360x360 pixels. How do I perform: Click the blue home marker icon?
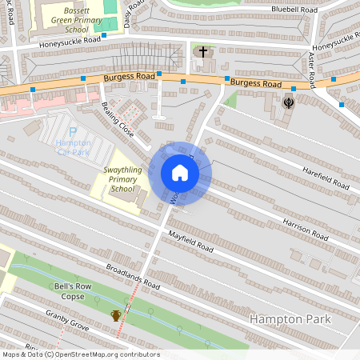180,173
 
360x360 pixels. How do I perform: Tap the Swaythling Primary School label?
123,179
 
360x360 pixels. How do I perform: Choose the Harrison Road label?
305,229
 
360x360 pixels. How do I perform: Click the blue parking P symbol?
74,131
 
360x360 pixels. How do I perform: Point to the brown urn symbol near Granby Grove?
116,315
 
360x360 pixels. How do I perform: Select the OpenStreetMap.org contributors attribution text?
107,354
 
